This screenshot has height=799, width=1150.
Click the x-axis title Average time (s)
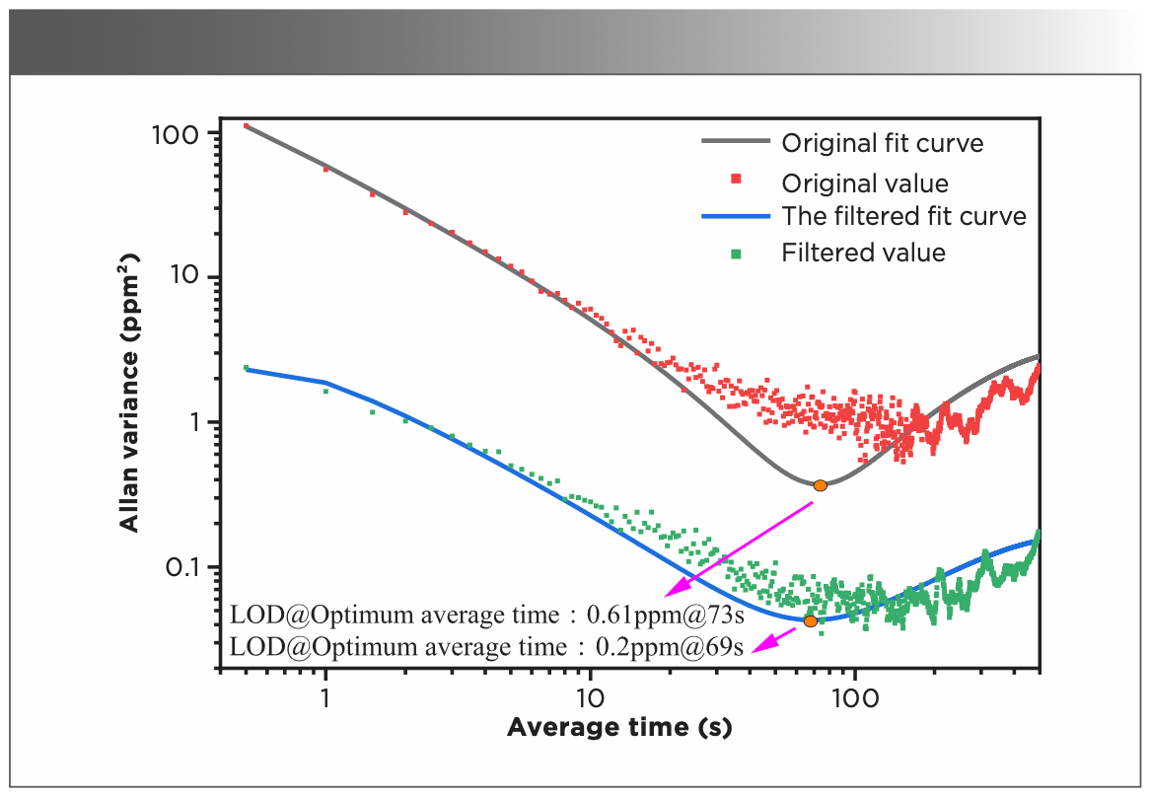[619, 729]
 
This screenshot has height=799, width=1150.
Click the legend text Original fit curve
[882, 143]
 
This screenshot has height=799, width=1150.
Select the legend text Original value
[864, 183]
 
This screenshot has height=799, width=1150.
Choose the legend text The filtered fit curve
[903, 216]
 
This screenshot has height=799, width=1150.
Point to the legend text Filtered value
[863, 253]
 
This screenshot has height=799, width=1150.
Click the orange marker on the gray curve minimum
[820, 484]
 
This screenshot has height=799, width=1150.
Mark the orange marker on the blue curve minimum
[810, 621]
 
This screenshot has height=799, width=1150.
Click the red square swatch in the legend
[734, 179]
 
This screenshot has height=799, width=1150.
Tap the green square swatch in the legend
[734, 252]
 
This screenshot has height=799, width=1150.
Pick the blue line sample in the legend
[734, 216]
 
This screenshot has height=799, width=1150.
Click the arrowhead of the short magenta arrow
[758, 647]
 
